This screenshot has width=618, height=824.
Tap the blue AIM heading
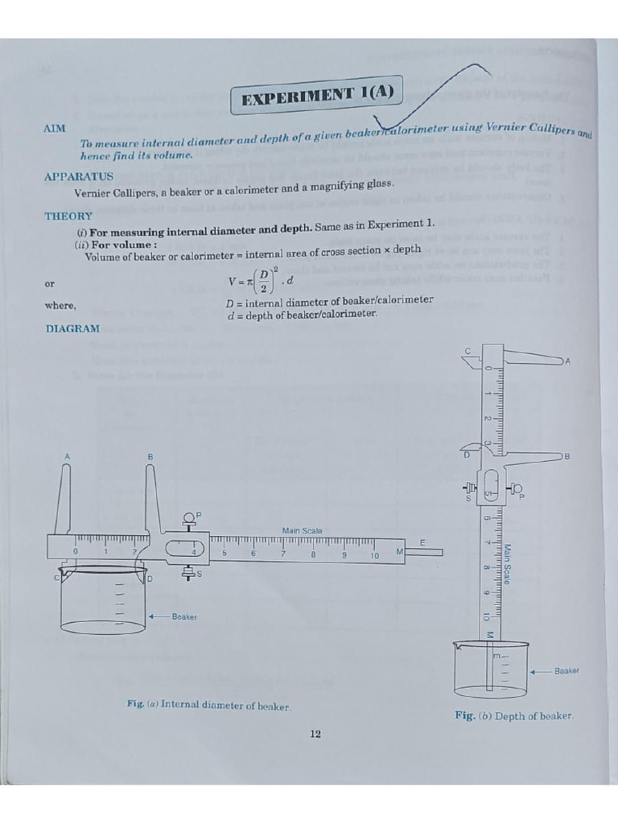click(55, 129)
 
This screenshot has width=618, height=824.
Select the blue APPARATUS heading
click(78, 176)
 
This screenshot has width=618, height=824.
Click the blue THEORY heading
click(68, 216)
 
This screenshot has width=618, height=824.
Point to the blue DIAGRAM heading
click(73, 328)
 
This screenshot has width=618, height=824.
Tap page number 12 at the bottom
click(315, 733)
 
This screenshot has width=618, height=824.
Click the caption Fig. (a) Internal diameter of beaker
click(208, 705)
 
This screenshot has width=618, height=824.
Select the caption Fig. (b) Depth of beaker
click(514, 715)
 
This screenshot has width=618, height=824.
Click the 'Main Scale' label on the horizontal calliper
click(302, 530)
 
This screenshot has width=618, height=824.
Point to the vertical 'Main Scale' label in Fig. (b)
click(508, 563)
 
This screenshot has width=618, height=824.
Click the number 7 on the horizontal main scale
click(282, 554)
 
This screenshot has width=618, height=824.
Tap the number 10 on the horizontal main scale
click(374, 555)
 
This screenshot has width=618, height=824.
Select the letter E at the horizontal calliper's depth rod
click(421, 543)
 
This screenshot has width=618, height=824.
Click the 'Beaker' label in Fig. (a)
click(184, 616)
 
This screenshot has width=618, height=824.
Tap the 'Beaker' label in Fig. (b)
click(566, 670)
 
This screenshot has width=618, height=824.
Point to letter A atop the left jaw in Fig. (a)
click(68, 456)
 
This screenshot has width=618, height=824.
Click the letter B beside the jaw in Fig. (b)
click(566, 456)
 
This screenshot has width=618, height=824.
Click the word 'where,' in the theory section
click(60, 306)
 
